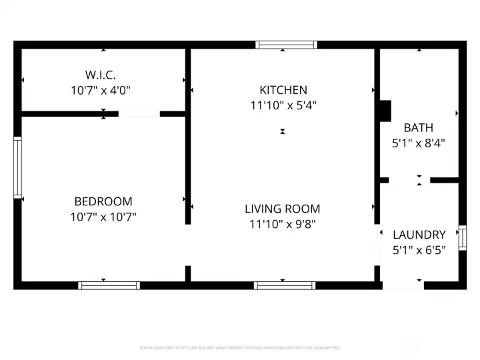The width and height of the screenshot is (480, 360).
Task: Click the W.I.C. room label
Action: point(103,73)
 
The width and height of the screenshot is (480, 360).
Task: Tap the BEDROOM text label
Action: point(103,201)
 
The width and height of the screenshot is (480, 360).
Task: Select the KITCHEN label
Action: point(283,90)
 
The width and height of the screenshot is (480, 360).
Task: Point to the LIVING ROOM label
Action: point(283,209)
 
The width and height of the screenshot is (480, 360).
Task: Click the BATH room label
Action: point(418,127)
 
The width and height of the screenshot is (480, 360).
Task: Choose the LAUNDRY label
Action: point(419,235)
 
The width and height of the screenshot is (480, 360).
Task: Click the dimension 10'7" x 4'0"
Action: point(103,89)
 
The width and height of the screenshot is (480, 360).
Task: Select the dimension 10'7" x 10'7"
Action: point(103,217)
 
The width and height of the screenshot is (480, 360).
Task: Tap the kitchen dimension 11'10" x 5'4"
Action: point(283,105)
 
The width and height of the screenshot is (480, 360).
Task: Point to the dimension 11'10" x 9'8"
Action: point(283,224)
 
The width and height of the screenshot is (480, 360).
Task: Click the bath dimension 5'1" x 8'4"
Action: point(418,143)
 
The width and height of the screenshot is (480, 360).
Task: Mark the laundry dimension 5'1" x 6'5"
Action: point(419,250)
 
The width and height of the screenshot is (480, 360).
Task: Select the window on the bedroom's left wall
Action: point(18,167)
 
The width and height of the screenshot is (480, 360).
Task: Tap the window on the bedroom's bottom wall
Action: point(109,285)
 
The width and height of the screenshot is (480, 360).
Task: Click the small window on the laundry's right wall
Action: point(462,238)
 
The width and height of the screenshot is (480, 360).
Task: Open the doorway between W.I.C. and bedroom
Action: point(139,114)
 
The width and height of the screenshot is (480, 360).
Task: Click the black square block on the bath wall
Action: point(385,111)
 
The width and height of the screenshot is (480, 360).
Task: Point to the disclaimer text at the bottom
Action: point(240,347)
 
